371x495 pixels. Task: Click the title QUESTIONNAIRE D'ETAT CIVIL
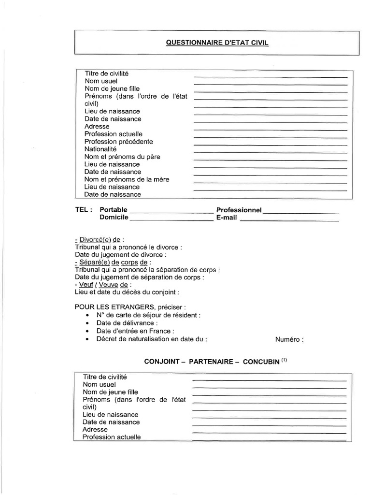217,43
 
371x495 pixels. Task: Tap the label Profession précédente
118,142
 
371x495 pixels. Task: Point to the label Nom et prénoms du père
122,157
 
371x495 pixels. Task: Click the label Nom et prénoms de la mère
127,179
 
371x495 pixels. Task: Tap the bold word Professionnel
239,210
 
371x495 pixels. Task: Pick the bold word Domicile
114,218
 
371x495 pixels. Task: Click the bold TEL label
84,210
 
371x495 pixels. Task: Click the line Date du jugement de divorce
121,254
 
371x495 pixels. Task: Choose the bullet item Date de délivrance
127,323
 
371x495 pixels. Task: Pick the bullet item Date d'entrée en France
135,331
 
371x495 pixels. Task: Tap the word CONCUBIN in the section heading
261,362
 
